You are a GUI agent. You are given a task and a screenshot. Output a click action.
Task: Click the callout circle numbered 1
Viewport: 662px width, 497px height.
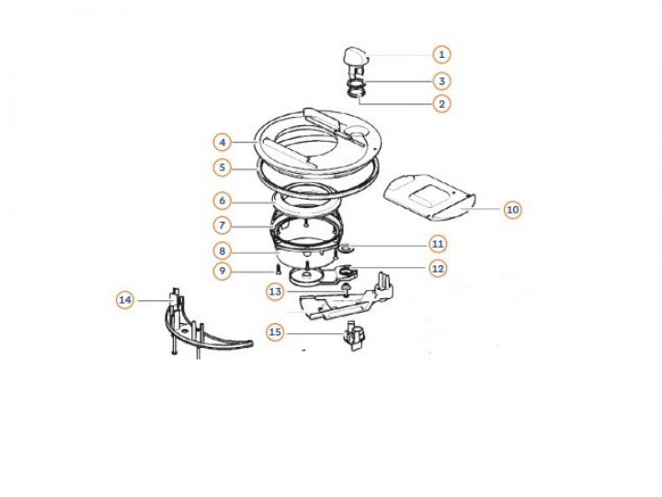441,54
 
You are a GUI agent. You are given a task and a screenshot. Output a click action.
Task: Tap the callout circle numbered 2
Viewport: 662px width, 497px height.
441,103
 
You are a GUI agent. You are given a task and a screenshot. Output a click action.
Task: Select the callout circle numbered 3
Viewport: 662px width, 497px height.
441,81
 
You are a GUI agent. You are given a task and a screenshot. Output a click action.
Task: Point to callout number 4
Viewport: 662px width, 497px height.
223,143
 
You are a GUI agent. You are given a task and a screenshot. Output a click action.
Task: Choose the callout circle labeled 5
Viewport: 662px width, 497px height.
223,168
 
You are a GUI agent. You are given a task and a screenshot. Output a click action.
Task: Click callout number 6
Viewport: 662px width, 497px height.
223,201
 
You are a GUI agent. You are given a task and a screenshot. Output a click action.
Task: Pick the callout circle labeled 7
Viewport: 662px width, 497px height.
223,225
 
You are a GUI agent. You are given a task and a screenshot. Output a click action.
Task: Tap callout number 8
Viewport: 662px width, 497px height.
223,251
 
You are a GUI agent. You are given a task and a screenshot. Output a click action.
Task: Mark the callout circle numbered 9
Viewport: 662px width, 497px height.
223,271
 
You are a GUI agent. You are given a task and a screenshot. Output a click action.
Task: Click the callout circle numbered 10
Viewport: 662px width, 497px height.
512,210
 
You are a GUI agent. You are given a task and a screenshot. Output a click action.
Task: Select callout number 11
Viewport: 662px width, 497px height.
438,244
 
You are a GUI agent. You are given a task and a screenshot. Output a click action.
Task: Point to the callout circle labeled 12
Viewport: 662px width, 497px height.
438,269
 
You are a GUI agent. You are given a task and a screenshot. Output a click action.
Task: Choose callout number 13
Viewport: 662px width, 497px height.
275,292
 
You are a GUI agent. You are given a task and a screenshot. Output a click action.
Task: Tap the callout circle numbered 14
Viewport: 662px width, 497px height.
125,300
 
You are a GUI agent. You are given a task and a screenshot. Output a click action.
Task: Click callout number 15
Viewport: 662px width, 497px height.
275,332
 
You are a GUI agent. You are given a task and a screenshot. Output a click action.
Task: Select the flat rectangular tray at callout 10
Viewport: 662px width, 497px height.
429,197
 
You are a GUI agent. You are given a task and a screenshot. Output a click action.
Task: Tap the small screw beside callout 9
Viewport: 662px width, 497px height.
279,268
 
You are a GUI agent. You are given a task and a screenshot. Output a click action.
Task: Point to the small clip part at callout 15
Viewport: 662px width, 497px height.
354,336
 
